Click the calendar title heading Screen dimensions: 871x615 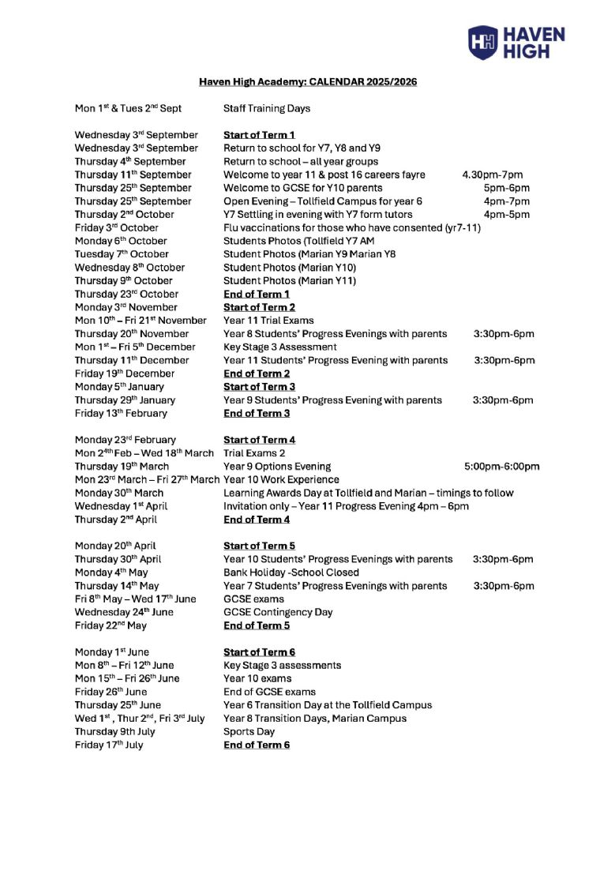tap(307, 81)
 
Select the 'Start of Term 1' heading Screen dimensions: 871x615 tap(258, 135)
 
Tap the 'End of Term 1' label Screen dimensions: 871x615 tap(256, 294)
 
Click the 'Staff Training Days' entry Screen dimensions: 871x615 tap(266, 108)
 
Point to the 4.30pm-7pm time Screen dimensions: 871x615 tap(492, 175)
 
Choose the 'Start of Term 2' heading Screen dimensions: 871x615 tap(259, 307)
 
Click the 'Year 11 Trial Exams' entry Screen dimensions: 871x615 tap(268, 321)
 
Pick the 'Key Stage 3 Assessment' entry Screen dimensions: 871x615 tap(280, 347)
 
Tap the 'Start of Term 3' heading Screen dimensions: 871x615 tap(259, 387)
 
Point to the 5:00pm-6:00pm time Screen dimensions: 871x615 tap(502, 467)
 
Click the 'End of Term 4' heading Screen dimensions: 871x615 tap(257, 520)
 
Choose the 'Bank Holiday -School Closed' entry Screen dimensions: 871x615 tap(291, 573)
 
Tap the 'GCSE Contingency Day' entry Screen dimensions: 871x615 tap(278, 612)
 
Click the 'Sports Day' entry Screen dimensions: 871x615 tap(249, 731)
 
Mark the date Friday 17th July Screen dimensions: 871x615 tap(109, 745)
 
